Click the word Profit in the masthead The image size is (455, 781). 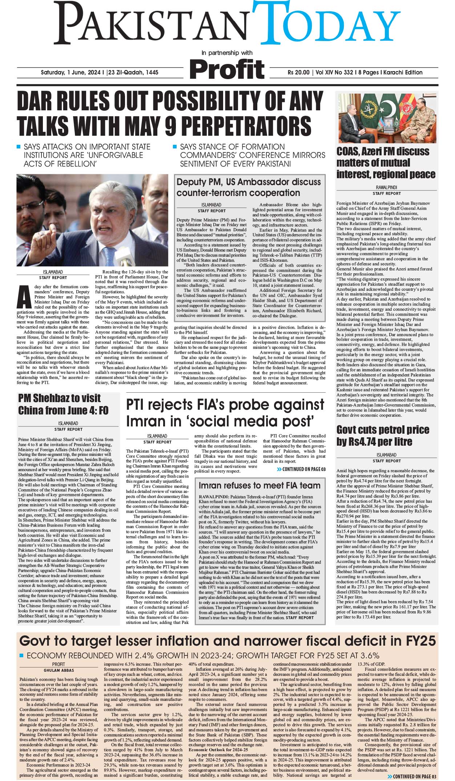227,69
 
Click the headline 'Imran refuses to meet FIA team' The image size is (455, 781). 259,486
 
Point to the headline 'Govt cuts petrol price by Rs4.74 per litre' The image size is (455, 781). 383,436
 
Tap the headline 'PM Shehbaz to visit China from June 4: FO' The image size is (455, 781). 63,404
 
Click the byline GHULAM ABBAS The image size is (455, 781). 59,670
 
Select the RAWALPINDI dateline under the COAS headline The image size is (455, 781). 386,188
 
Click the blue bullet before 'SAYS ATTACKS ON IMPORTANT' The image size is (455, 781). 19,147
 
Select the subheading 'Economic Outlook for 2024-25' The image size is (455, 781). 218,749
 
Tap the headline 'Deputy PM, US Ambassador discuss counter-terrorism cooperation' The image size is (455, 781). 249,187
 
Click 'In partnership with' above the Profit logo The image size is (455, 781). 227,53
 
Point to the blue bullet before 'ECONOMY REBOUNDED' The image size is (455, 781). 21,655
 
